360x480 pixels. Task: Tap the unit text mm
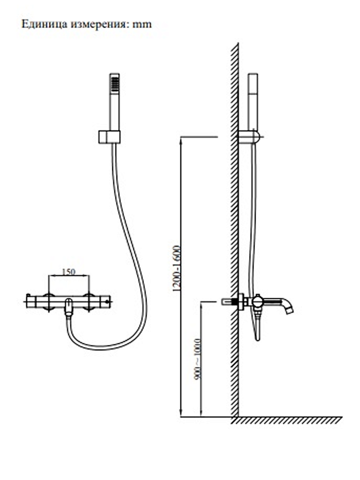tap(142, 25)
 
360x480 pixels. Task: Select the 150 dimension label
tap(68, 272)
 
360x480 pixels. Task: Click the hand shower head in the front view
tap(115, 84)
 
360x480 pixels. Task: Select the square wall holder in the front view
tap(109, 137)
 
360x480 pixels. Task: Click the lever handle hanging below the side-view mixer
tap(258, 328)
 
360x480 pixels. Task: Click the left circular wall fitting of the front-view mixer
tap(49, 302)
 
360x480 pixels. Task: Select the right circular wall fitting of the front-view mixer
tap(89, 302)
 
